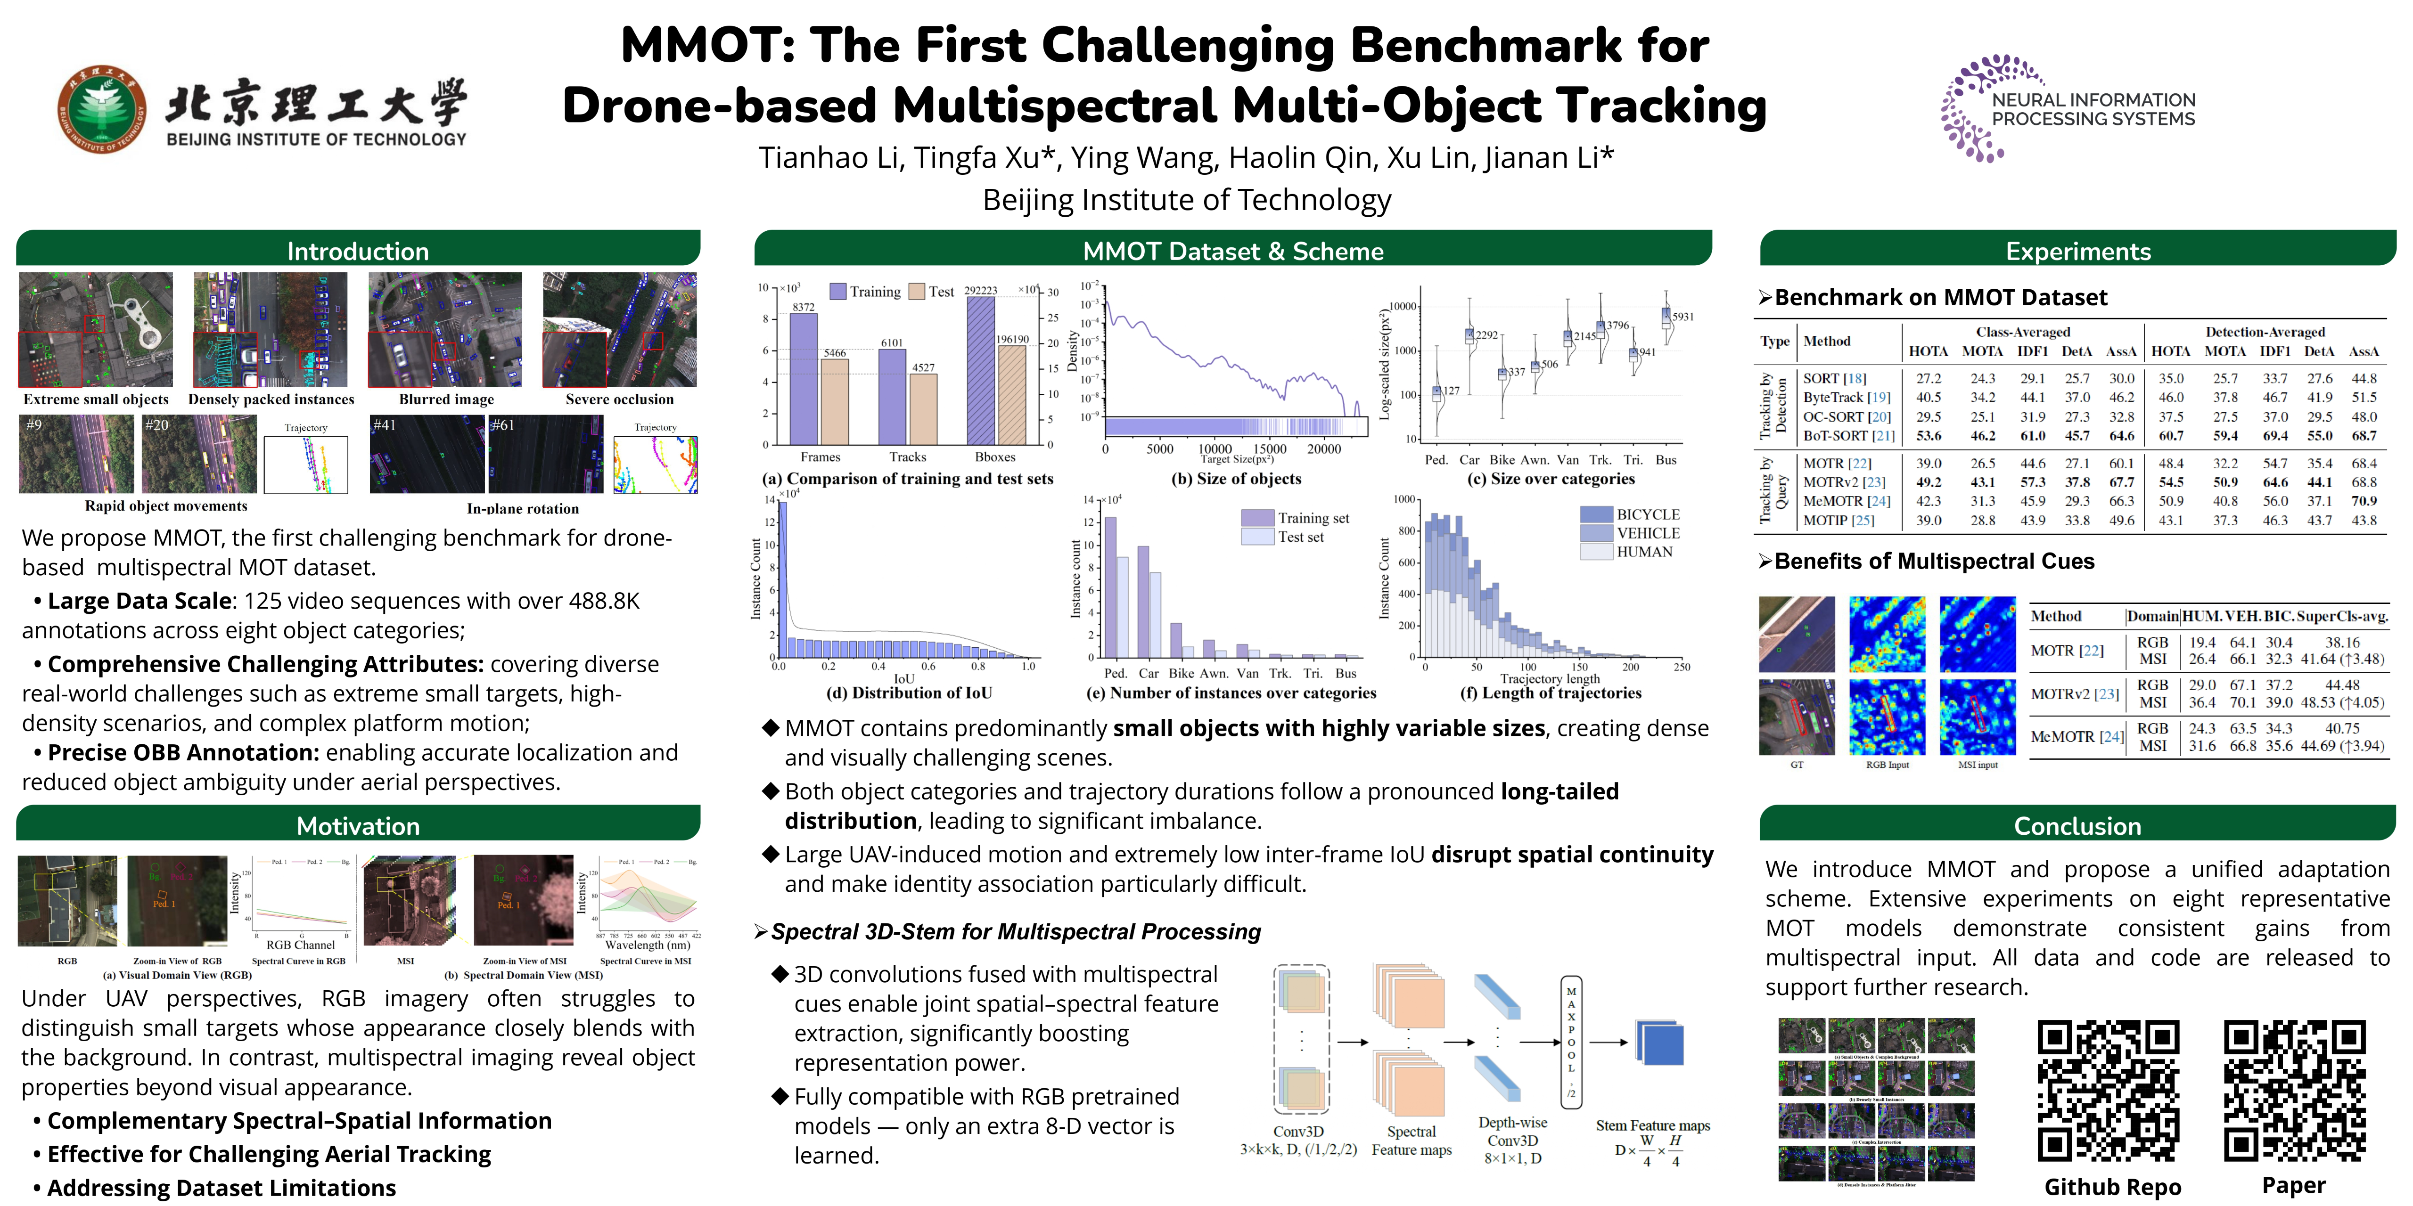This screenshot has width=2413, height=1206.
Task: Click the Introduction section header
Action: [x=358, y=251]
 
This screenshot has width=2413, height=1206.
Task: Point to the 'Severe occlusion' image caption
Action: [x=619, y=399]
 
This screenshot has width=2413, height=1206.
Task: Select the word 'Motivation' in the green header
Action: [x=358, y=826]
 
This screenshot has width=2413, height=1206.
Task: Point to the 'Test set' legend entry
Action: [x=1300, y=538]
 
